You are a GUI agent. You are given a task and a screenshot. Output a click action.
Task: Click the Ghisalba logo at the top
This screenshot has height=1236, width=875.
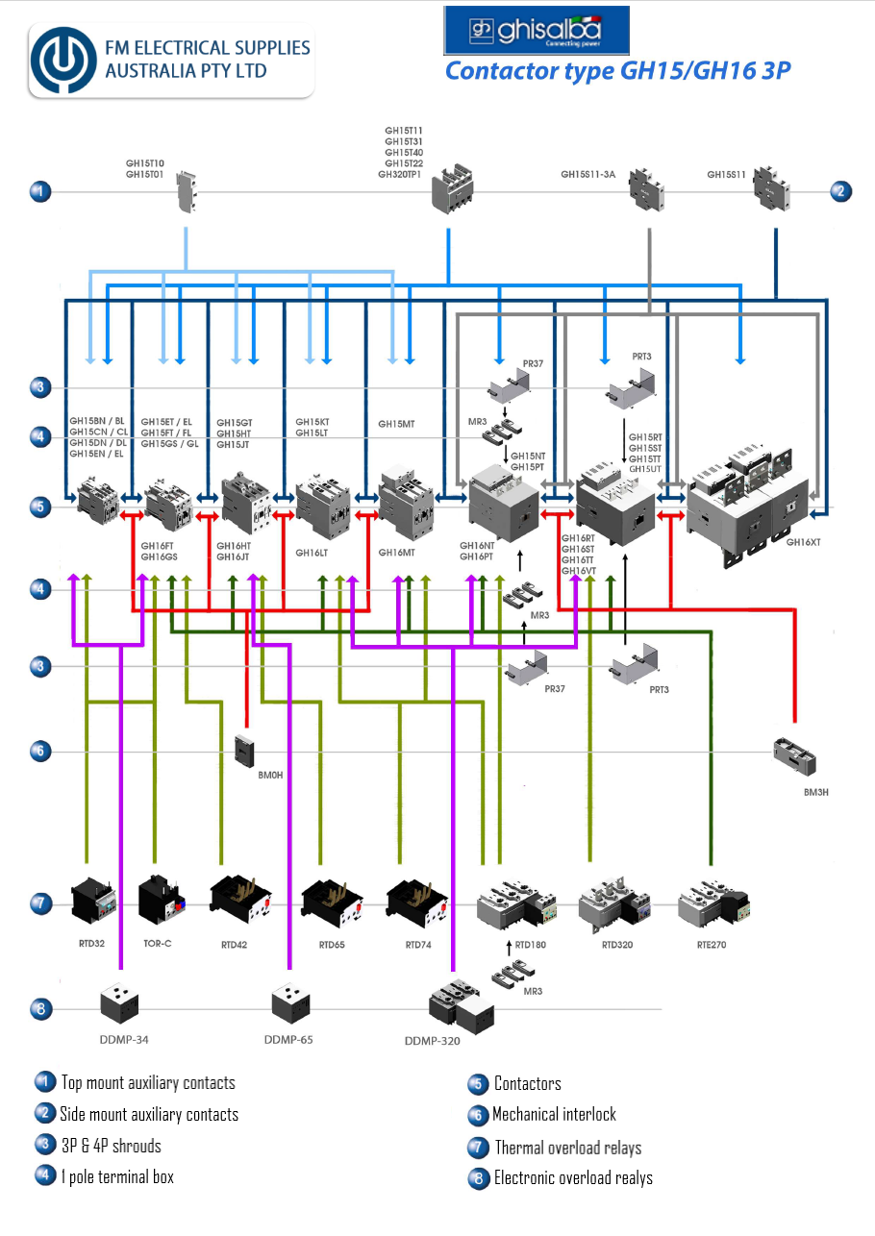pyautogui.click(x=536, y=30)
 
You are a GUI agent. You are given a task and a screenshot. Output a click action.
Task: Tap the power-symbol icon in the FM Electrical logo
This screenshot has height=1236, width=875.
pyautogui.click(x=64, y=60)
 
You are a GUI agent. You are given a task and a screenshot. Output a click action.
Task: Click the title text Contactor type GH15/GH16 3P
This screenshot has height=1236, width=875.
pyautogui.click(x=617, y=71)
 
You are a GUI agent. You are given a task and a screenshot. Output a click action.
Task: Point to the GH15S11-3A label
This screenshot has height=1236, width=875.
pyautogui.click(x=587, y=175)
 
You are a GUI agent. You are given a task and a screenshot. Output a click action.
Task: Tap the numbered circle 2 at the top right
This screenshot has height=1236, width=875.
pyautogui.click(x=839, y=191)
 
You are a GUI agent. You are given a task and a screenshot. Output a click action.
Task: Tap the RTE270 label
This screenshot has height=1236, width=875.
pyautogui.click(x=712, y=945)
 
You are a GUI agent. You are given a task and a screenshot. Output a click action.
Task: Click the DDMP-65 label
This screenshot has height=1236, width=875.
pyautogui.click(x=288, y=1040)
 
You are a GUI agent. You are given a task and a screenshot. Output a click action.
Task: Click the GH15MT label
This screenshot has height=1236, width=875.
pyautogui.click(x=395, y=424)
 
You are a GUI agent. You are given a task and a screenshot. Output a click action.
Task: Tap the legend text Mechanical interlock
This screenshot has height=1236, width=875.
pyautogui.click(x=554, y=1115)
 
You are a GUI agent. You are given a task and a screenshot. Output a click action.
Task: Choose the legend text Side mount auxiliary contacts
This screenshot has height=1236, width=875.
pyautogui.click(x=149, y=1115)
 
